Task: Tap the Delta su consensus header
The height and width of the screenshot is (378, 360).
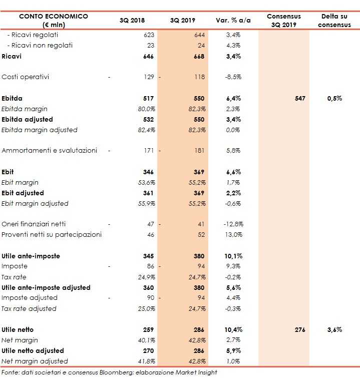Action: (x=334, y=21)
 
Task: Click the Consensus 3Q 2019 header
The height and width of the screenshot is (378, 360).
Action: (x=284, y=21)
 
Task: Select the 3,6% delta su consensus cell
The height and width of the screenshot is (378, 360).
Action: (x=334, y=329)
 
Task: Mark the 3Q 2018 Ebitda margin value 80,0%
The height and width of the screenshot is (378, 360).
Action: (x=145, y=109)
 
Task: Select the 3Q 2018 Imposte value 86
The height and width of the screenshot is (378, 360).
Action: (x=149, y=266)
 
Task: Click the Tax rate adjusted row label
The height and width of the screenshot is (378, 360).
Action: (x=29, y=308)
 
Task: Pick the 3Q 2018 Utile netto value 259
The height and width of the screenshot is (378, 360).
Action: (x=148, y=329)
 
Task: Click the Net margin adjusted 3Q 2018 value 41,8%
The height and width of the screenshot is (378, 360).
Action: (x=145, y=361)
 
